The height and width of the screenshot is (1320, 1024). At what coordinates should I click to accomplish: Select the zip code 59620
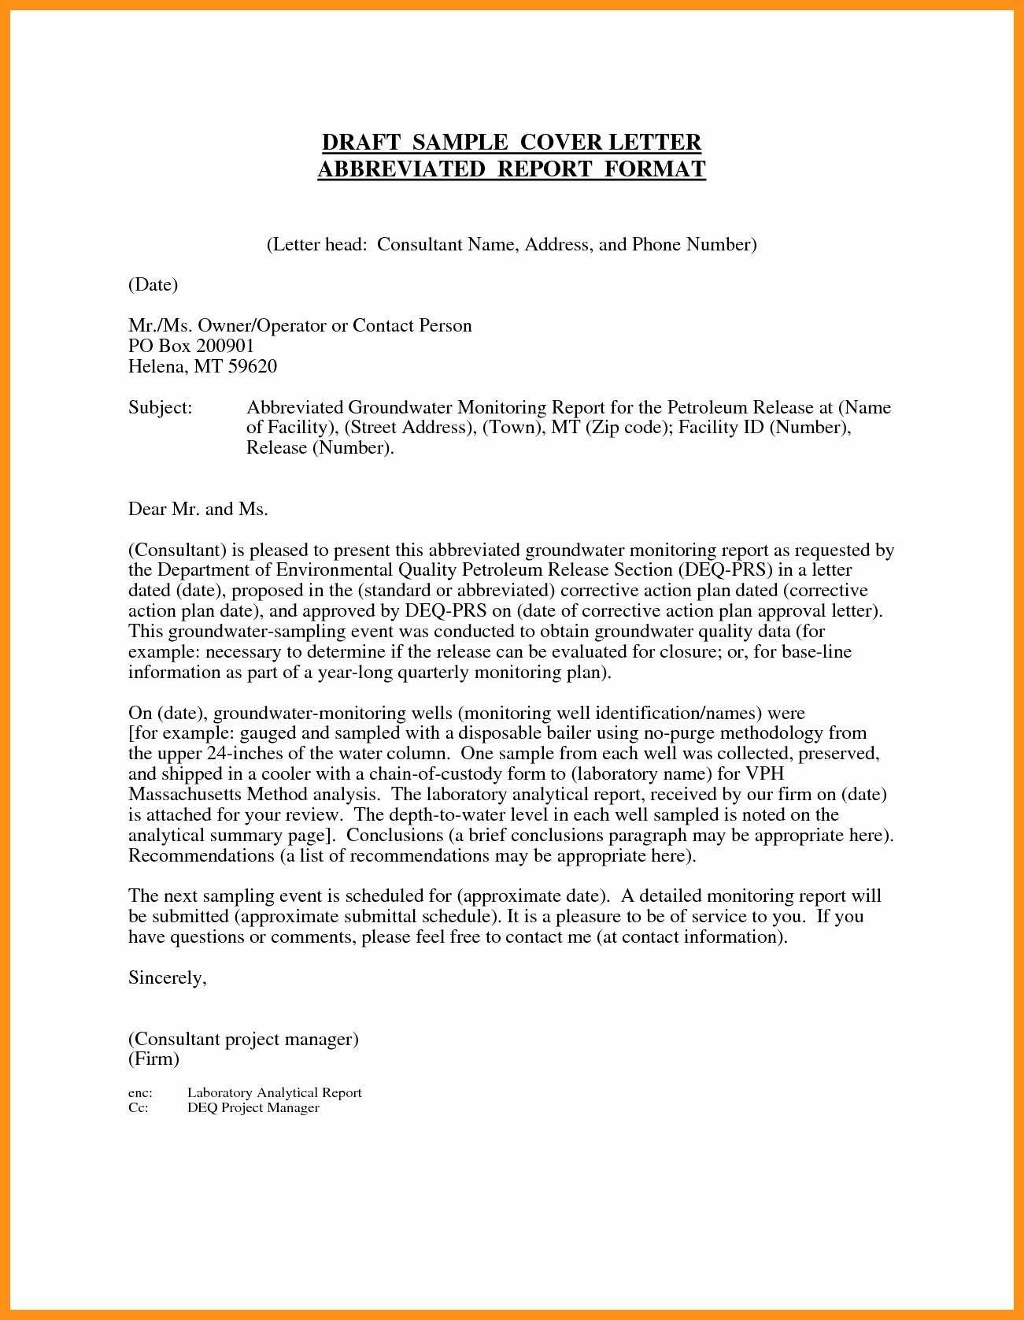click(x=253, y=366)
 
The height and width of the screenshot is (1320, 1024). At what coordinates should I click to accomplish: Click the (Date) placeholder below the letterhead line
click(x=153, y=284)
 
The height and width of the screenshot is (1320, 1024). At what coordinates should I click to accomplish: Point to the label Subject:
click(x=160, y=407)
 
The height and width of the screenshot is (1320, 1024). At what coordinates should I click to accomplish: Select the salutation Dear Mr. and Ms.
click(x=198, y=509)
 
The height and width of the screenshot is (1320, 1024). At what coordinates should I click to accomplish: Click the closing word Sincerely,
click(x=167, y=977)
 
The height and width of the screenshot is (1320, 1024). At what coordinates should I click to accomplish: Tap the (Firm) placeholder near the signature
click(x=153, y=1059)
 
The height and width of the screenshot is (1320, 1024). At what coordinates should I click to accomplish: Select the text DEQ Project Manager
click(x=253, y=1107)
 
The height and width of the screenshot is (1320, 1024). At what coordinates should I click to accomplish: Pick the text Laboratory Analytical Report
click(x=274, y=1092)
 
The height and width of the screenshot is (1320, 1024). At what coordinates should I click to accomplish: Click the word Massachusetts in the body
click(x=185, y=794)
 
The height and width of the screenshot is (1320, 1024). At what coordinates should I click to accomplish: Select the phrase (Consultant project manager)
click(x=243, y=1039)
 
